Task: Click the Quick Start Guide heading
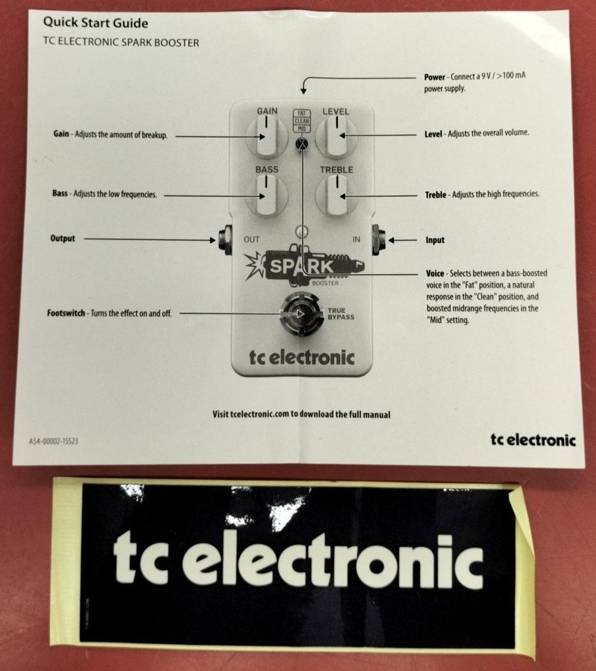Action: click(96, 23)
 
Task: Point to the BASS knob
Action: click(267, 196)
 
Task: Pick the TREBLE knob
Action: click(337, 196)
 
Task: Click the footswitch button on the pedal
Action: click(301, 313)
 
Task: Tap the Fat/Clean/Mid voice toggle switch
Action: click(302, 144)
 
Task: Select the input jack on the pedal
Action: click(379, 240)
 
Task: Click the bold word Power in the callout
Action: click(435, 77)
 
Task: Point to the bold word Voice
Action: click(435, 274)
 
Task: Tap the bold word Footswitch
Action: click(66, 313)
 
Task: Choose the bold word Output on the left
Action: click(62, 239)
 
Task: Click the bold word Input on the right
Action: click(435, 240)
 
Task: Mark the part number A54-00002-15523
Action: click(53, 441)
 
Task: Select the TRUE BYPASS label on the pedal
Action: click(341, 313)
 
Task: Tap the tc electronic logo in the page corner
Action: click(533, 440)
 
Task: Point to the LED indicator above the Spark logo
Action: click(302, 231)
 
